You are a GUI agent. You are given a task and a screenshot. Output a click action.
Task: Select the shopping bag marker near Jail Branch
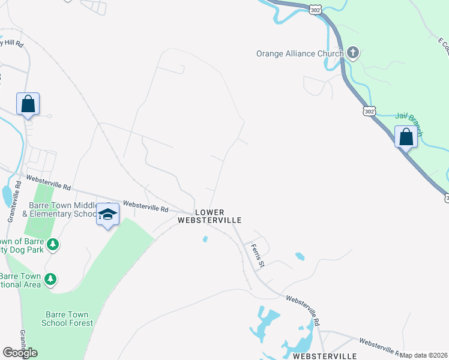click(x=406, y=137)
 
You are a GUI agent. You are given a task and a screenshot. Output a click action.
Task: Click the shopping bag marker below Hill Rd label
click(x=28, y=103)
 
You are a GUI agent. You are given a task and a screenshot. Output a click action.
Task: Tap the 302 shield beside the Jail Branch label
click(x=369, y=111)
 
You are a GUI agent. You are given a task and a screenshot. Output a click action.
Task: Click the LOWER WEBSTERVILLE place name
click(x=209, y=216)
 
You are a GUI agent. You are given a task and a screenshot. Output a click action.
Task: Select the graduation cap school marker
click(x=107, y=214)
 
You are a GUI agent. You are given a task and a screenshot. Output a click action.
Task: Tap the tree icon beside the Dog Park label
click(x=53, y=244)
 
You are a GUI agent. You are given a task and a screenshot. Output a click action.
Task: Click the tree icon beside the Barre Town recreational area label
click(x=51, y=279)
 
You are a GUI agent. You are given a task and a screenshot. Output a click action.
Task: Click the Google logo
click(x=20, y=353)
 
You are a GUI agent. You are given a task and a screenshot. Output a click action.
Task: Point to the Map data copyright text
click(x=423, y=355)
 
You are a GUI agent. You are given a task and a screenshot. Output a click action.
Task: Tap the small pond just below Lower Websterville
click(x=205, y=239)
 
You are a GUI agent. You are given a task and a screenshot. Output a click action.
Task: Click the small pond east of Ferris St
click(x=300, y=257)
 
